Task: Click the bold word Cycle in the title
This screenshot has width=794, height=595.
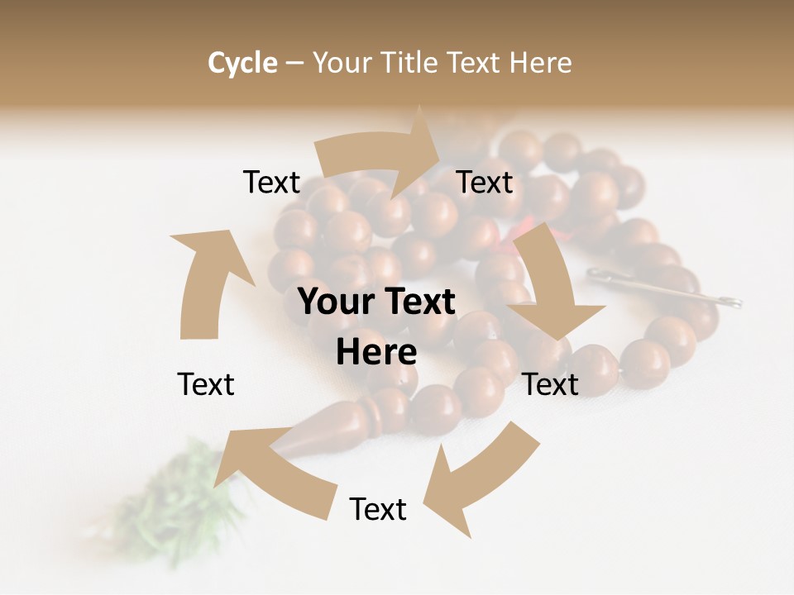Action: [242, 63]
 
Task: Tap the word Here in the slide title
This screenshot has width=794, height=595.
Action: [540, 63]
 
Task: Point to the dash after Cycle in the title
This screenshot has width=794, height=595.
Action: [294, 64]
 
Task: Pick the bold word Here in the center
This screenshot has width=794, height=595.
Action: [376, 352]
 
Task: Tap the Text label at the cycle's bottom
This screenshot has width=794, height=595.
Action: [378, 509]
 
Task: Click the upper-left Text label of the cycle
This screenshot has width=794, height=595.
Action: [271, 182]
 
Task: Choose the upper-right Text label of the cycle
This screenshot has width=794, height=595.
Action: [485, 182]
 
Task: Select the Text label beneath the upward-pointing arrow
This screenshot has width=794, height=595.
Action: [206, 384]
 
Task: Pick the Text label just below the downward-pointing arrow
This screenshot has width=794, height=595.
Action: [550, 384]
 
